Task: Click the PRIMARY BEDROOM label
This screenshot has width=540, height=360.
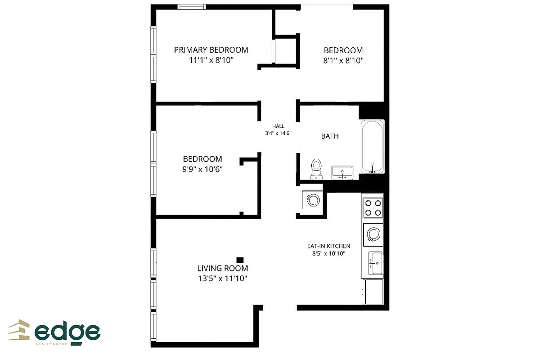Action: pyautogui.click(x=211, y=50)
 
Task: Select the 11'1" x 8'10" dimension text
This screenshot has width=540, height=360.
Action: pyautogui.click(x=211, y=60)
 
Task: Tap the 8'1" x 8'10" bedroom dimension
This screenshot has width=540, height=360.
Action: pyautogui.click(x=343, y=60)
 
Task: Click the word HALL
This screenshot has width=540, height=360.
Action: pyautogui.click(x=279, y=126)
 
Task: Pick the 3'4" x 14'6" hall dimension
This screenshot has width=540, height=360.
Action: pyautogui.click(x=279, y=133)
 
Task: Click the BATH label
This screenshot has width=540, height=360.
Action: pyautogui.click(x=330, y=136)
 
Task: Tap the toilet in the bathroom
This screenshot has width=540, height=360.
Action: pyautogui.click(x=316, y=168)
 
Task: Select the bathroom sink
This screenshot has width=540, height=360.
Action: pyautogui.click(x=342, y=172)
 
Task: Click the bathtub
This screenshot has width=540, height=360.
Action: pyautogui.click(x=373, y=147)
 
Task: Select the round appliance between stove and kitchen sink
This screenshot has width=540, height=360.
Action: pyautogui.click(x=373, y=234)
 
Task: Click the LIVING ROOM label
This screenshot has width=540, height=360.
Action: pyautogui.click(x=223, y=269)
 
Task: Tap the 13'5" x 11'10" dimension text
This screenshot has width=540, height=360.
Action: pyautogui.click(x=223, y=279)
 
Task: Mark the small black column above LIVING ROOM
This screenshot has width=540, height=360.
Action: pyautogui.click(x=240, y=260)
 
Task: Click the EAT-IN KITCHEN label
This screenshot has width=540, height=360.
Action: pyautogui.click(x=328, y=246)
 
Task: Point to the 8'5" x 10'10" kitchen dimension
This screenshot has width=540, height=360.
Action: pyautogui.click(x=328, y=253)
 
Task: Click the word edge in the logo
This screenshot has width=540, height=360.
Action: pyautogui.click(x=67, y=332)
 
